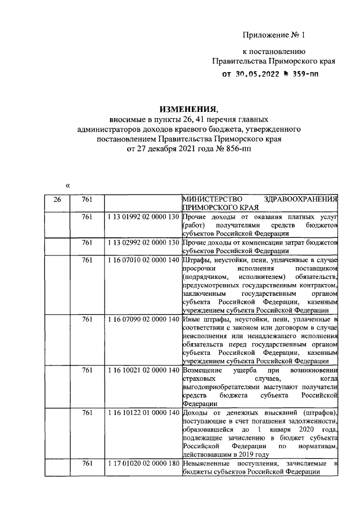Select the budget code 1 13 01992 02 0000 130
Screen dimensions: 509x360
tap(142, 217)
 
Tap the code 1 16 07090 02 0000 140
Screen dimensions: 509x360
tap(142, 319)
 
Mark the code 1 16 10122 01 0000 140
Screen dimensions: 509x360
tap(142, 413)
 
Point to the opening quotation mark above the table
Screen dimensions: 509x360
tap(67, 185)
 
